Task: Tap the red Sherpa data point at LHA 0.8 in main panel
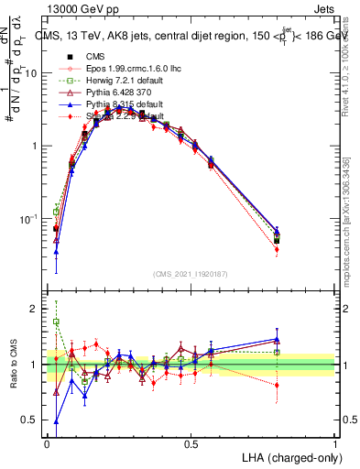point(277,249)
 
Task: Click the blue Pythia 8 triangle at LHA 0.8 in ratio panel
point(277,339)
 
